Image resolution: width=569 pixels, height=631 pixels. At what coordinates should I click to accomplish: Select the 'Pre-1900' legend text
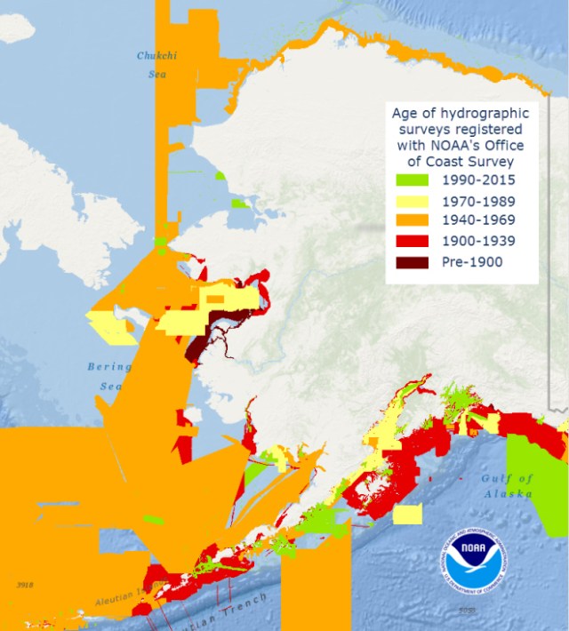[x=472, y=261]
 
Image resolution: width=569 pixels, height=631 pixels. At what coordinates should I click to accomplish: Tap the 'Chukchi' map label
[x=157, y=56]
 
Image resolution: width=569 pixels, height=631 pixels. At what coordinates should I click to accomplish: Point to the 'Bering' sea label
[x=108, y=366]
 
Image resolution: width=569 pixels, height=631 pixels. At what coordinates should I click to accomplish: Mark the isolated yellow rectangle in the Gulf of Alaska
[x=407, y=515]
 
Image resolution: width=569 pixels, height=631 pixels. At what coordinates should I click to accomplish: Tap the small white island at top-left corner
[x=17, y=27]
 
